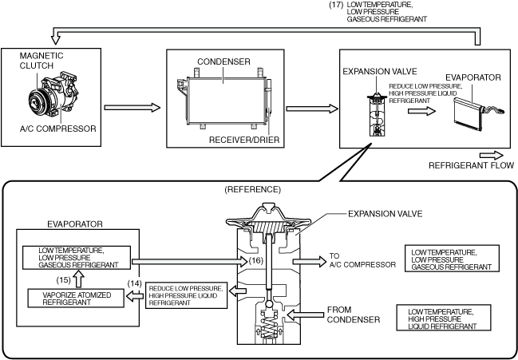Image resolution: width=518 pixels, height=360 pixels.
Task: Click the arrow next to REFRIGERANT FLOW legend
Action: [491, 154]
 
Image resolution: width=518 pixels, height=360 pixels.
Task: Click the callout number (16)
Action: [256, 259]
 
